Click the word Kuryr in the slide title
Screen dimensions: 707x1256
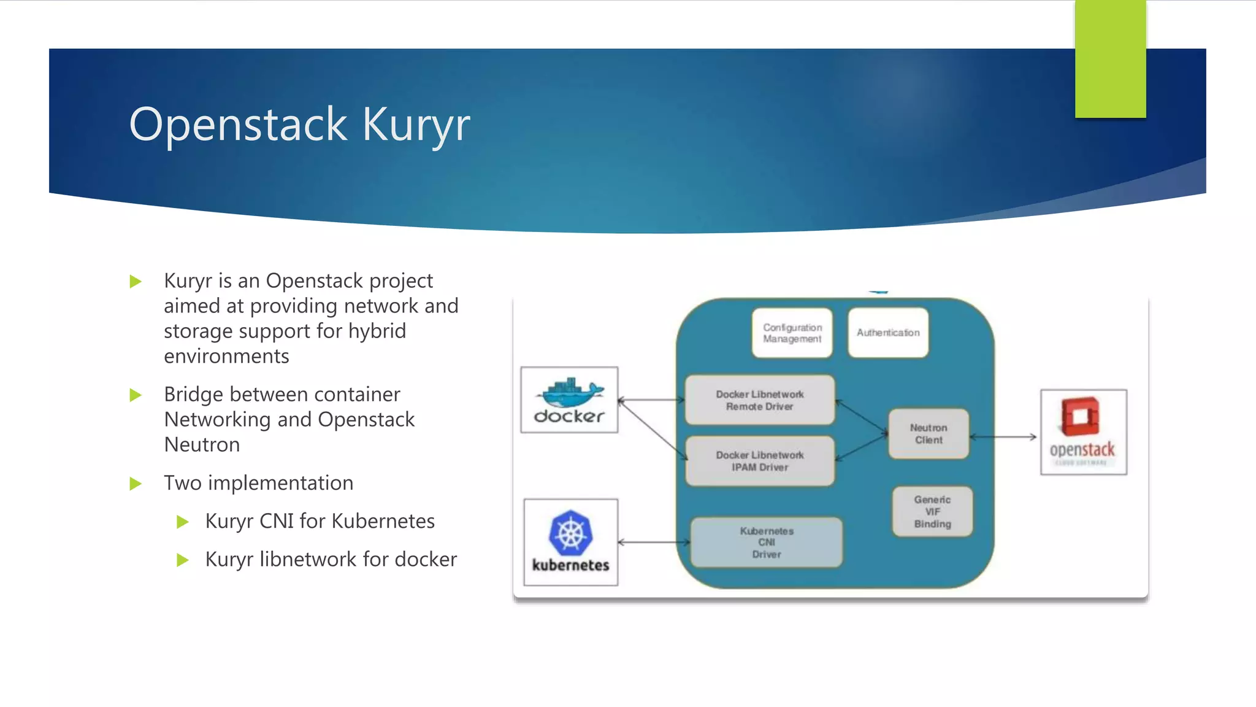pyautogui.click(x=416, y=125)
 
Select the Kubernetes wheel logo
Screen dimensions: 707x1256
pyautogui.click(x=570, y=532)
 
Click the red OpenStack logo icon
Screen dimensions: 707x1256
pyautogui.click(x=1080, y=417)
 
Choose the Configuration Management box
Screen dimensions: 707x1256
pyautogui.click(x=792, y=333)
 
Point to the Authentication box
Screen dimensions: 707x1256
pyautogui.click(x=887, y=333)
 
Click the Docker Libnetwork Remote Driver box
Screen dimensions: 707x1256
pyautogui.click(x=760, y=400)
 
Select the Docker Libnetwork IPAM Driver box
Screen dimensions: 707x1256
pyautogui.click(x=760, y=461)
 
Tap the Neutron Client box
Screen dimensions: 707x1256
pyautogui.click(x=929, y=434)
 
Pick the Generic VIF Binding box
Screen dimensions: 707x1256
pyautogui.click(x=932, y=512)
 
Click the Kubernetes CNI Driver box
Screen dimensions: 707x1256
pyautogui.click(x=767, y=543)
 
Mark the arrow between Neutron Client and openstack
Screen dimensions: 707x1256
pyautogui.click(x=1003, y=437)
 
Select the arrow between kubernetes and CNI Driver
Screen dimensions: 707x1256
pyautogui.click(x=654, y=543)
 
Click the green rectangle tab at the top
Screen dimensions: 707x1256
pyautogui.click(x=1110, y=59)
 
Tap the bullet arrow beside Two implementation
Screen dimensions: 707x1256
pyautogui.click(x=136, y=484)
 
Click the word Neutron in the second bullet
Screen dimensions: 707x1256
pyautogui.click(x=202, y=444)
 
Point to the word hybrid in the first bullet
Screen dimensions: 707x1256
pyautogui.click(x=377, y=331)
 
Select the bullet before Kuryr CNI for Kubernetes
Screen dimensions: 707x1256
pyautogui.click(x=182, y=522)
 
